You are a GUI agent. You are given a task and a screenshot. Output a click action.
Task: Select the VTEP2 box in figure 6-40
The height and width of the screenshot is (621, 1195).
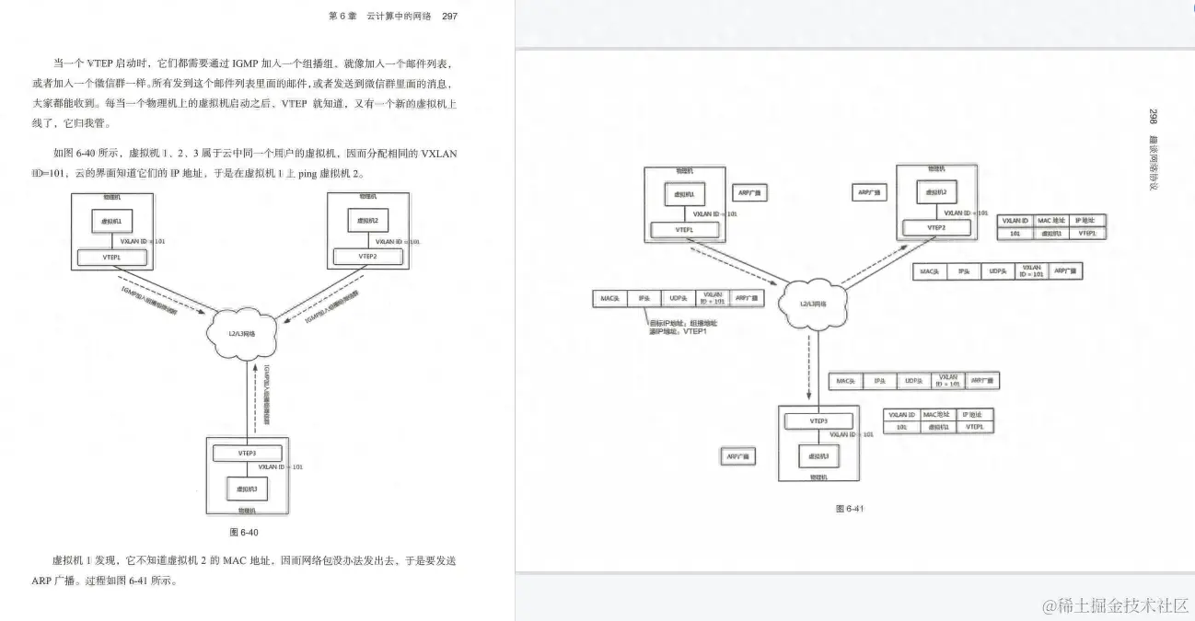[x=367, y=257]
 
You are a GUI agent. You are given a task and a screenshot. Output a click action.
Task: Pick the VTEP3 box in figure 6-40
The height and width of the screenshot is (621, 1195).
[x=246, y=453]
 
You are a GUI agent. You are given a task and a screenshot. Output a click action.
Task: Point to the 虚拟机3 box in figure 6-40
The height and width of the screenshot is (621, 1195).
[x=246, y=489]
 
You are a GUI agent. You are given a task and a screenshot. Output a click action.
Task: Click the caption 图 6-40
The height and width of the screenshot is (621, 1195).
[x=245, y=532]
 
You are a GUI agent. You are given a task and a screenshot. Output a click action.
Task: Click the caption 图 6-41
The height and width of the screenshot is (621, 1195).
[x=849, y=508]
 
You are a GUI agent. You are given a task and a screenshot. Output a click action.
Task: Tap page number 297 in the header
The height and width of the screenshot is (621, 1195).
[x=449, y=16]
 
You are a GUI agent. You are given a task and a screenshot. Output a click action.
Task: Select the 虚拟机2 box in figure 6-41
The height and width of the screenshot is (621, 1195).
[x=936, y=193]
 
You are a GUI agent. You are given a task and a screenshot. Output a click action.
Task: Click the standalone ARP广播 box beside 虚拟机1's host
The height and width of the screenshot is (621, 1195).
[x=749, y=193]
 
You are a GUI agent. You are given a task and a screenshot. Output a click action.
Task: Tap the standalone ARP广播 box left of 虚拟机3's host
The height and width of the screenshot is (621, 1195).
[x=737, y=455]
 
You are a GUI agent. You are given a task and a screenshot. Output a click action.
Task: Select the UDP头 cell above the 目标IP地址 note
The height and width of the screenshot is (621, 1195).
[x=679, y=299]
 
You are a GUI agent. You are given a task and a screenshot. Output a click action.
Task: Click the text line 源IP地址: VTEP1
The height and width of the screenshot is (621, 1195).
[x=678, y=331]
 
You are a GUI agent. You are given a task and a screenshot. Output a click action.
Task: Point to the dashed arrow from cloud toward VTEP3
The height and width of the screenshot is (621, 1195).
[x=809, y=368]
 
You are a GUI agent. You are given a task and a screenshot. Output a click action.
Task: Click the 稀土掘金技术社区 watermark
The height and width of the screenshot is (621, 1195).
[x=1116, y=604]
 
